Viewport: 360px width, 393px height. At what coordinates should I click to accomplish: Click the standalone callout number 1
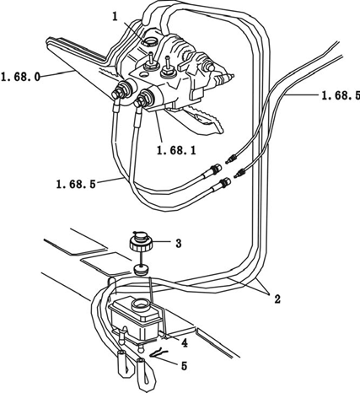(115, 17)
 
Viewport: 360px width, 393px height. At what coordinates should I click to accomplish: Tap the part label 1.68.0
(21, 77)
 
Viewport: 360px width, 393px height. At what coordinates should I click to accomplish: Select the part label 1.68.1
(176, 151)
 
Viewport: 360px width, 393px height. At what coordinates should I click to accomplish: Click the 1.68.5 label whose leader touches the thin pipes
(341, 96)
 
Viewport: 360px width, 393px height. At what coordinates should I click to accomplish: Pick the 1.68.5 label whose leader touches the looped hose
(76, 185)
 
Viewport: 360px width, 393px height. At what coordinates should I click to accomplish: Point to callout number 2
(277, 299)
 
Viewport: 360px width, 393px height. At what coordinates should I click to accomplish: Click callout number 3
(179, 244)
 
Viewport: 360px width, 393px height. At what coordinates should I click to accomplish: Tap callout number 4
(184, 342)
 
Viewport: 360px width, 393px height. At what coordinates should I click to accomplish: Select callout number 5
(184, 366)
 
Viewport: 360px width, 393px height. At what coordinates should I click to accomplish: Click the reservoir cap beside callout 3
(141, 242)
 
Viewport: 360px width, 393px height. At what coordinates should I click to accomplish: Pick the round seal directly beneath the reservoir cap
(141, 270)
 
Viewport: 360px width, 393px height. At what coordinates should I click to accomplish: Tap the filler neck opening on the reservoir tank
(141, 304)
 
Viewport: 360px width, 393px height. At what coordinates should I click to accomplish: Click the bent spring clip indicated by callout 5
(159, 353)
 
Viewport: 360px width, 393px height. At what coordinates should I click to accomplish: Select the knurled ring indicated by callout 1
(151, 42)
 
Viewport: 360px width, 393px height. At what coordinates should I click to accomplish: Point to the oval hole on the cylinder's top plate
(143, 74)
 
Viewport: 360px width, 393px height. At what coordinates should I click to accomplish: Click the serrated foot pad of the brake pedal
(207, 120)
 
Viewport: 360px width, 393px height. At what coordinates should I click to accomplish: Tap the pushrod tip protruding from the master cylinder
(230, 76)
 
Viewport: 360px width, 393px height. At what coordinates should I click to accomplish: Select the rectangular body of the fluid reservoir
(137, 319)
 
